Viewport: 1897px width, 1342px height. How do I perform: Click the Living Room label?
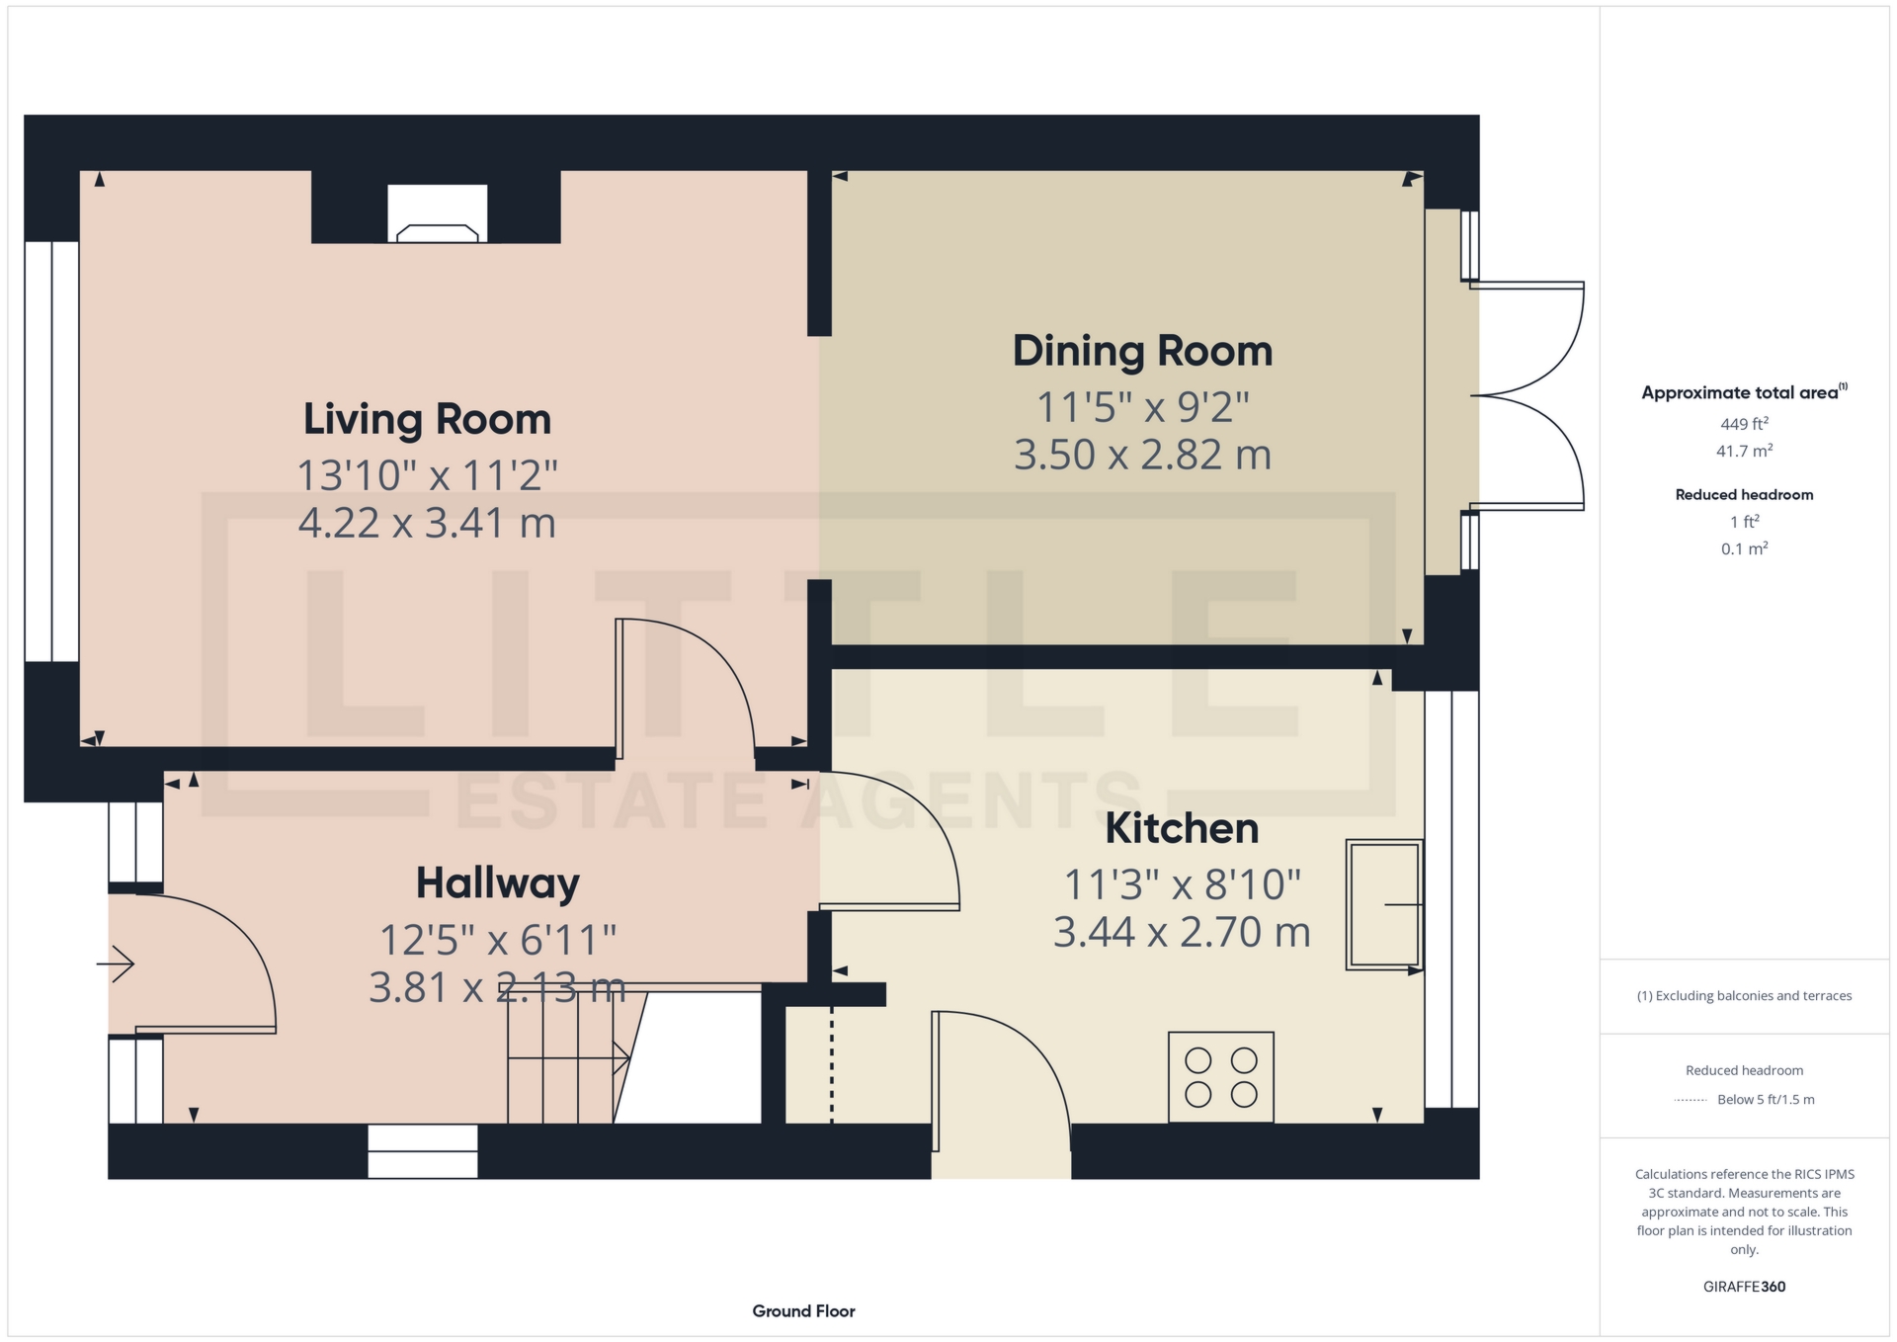(427, 419)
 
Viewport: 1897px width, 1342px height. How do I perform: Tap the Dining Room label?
(1142, 351)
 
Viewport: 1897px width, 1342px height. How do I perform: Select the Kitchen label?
(1182, 828)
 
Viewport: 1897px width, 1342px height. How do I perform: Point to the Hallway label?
(497, 883)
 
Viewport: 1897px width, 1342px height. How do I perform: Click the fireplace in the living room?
(437, 214)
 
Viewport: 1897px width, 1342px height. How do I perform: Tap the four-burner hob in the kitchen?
(1220, 1076)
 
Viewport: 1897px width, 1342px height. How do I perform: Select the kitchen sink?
(1384, 903)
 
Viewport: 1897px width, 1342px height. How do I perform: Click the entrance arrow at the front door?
(116, 964)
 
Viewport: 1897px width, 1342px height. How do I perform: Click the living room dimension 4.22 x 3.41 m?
(427, 523)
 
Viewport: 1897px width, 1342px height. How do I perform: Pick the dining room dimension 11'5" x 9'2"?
(1142, 407)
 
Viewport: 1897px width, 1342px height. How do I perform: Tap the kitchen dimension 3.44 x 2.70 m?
(1182, 932)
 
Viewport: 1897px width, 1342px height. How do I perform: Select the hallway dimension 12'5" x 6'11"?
(498, 940)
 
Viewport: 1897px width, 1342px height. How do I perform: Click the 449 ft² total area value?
(1744, 424)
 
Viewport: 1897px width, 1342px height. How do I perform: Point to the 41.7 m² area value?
(1744, 451)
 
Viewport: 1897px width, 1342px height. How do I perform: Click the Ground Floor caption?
(803, 1311)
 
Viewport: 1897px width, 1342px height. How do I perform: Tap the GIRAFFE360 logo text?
(1744, 1287)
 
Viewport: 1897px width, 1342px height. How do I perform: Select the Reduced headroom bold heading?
(1744, 494)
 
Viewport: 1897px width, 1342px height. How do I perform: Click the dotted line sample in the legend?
(1691, 1100)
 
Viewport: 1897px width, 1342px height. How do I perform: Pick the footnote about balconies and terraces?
(1744, 996)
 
